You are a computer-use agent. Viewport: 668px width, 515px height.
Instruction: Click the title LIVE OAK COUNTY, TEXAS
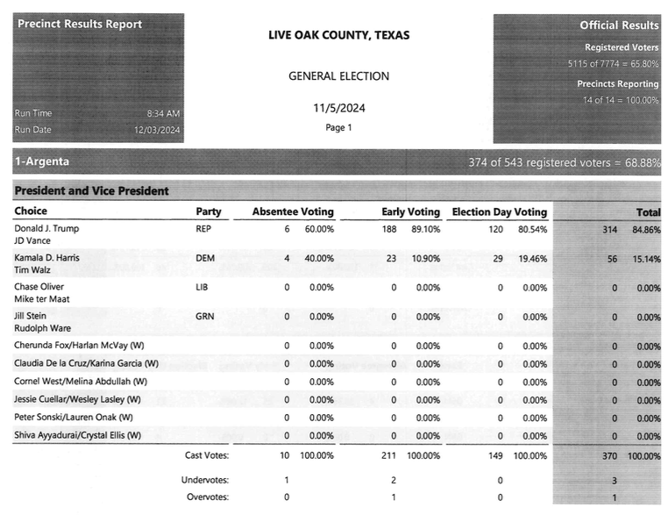(338, 36)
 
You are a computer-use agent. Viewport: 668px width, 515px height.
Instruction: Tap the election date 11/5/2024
(338, 108)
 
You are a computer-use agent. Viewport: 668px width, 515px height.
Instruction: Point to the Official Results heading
(619, 25)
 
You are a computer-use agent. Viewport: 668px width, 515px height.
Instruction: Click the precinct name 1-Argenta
(42, 161)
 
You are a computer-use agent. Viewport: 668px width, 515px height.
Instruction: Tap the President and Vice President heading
(91, 190)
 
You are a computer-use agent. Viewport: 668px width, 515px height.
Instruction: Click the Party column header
(209, 211)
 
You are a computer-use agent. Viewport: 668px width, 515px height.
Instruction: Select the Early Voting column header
(410, 211)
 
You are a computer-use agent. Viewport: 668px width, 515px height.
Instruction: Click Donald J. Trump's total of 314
(609, 228)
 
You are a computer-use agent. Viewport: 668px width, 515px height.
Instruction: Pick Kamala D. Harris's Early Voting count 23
(391, 258)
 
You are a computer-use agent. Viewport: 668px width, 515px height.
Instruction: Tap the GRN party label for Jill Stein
(204, 317)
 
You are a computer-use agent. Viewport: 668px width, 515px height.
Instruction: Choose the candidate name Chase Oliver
(39, 287)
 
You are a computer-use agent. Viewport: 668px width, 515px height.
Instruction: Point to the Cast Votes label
(207, 455)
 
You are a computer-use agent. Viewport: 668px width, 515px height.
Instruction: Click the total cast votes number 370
(609, 456)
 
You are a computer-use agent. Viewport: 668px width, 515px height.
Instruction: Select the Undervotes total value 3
(615, 481)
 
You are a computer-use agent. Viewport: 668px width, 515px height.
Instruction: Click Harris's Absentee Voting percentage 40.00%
(321, 258)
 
